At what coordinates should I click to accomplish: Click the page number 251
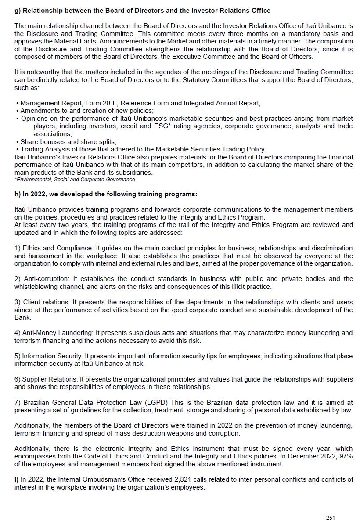point(330,518)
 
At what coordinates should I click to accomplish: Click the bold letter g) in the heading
point(18,10)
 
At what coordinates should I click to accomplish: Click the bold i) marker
point(16,479)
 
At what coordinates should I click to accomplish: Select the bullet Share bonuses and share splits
point(68,141)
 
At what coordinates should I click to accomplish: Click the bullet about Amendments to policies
point(87,111)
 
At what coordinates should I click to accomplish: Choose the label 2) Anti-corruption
point(42,279)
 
